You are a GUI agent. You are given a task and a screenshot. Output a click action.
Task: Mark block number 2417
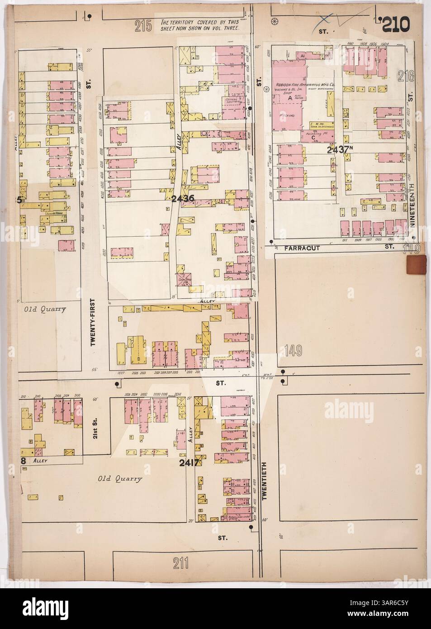[189, 462]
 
